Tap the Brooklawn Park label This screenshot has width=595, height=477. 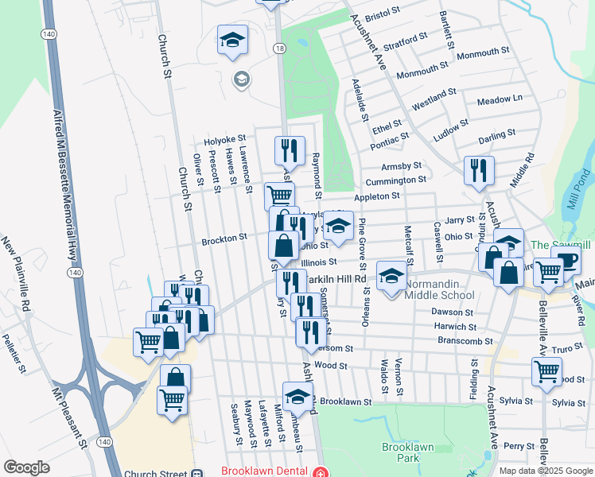click(x=406, y=452)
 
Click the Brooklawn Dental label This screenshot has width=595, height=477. click(x=266, y=471)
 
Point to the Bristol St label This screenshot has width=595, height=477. click(x=381, y=14)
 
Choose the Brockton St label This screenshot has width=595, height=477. click(x=224, y=237)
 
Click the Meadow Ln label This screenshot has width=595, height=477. click(x=500, y=99)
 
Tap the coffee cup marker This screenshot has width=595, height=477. click(x=566, y=260)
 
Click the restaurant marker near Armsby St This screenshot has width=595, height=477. click(x=479, y=170)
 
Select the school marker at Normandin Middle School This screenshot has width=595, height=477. click(x=391, y=276)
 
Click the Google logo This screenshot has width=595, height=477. click(x=26, y=467)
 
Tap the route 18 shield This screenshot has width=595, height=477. click(x=278, y=48)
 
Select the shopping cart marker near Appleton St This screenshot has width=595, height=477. click(x=279, y=195)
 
